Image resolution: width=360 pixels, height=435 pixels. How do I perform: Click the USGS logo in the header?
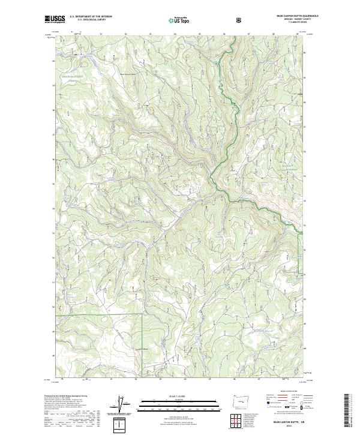coord(55,20)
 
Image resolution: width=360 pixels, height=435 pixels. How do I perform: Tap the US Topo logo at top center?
coord(179,20)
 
